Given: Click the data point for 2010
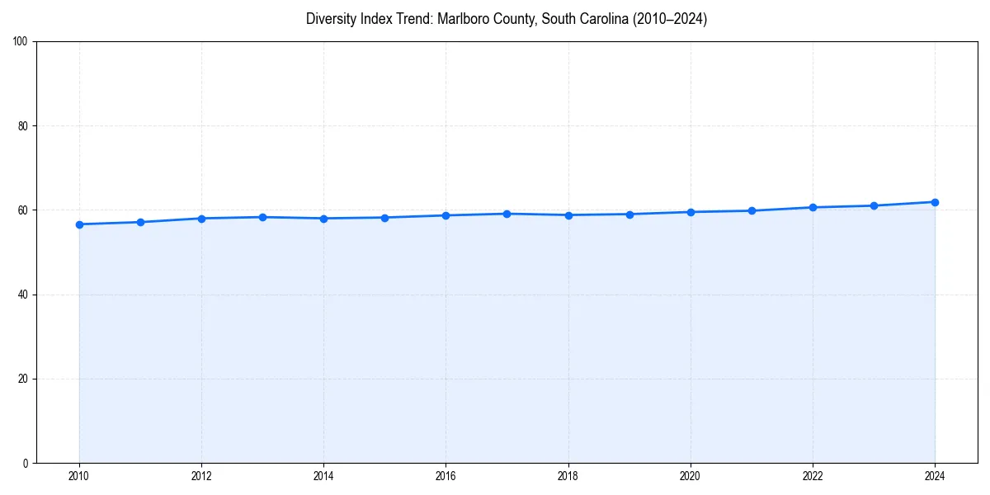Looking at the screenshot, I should (x=79, y=224).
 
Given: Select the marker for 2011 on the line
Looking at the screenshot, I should (x=140, y=222).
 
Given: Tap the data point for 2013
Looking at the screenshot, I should (x=262, y=217).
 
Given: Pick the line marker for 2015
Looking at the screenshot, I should (x=384, y=218).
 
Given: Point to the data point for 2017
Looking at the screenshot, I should (x=507, y=214).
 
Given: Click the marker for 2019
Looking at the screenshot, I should (x=629, y=214).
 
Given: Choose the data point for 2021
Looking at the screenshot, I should (x=752, y=210).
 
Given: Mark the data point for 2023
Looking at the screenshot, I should (x=874, y=205).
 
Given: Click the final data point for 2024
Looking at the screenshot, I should (x=935, y=202).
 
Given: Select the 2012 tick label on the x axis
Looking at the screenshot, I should (x=201, y=476).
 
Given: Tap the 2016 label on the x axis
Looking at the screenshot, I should (x=445, y=476).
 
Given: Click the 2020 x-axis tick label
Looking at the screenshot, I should (x=691, y=476).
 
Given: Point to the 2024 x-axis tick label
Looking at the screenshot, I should (x=935, y=476).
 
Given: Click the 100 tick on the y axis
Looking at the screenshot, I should (x=21, y=41).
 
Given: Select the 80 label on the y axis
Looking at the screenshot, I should (x=23, y=126).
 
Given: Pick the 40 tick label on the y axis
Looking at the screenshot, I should (x=23, y=295).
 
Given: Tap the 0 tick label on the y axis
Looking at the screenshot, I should (x=26, y=463).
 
